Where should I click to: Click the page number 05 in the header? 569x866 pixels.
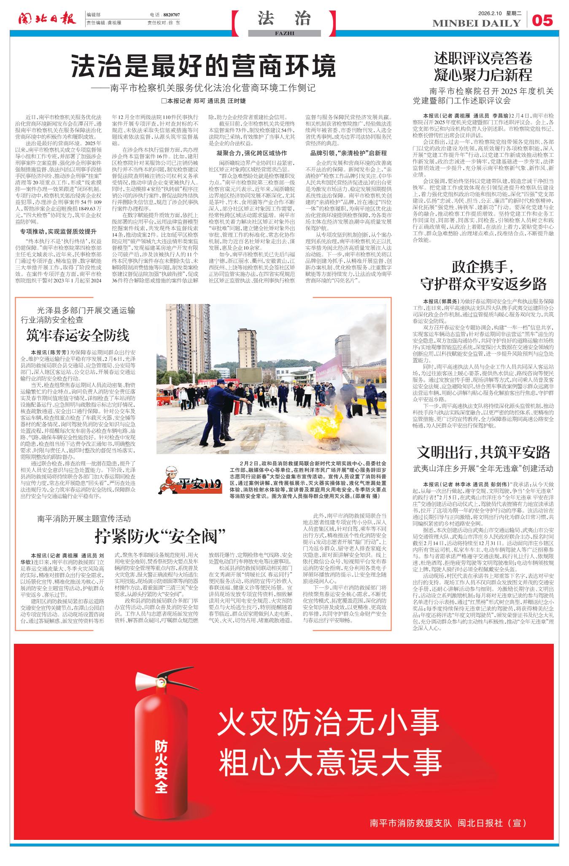(x=542, y=20)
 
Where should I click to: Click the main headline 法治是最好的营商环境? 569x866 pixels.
(x=204, y=66)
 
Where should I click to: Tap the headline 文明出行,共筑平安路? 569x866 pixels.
(x=483, y=452)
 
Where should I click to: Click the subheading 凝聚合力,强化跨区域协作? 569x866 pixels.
(x=252, y=153)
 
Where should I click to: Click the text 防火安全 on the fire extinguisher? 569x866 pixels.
(x=160, y=767)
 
